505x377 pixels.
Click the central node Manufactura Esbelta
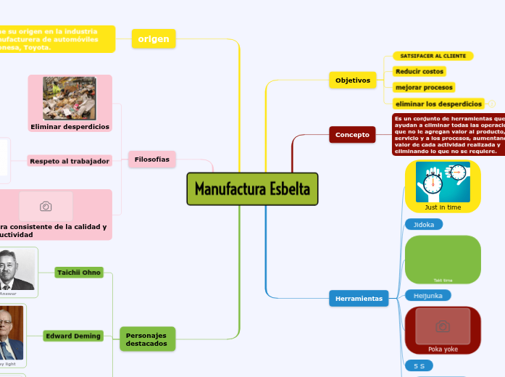tap(252, 189)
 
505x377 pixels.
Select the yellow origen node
tap(154, 39)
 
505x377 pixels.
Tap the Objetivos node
tap(353, 80)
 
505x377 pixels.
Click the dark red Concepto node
tap(352, 134)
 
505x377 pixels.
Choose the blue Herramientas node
tap(359, 298)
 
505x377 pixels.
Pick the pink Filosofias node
tap(152, 159)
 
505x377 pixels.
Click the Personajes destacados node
tap(147, 339)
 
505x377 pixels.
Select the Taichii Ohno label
tap(79, 272)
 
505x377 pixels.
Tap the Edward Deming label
tap(72, 336)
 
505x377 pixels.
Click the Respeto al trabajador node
tap(70, 160)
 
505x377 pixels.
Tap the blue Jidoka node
tap(424, 225)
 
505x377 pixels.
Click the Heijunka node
tap(427, 295)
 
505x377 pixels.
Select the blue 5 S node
tap(419, 366)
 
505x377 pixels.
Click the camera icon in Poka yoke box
tap(442, 326)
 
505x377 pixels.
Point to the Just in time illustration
tap(443, 181)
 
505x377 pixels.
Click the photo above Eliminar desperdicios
tap(70, 98)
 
